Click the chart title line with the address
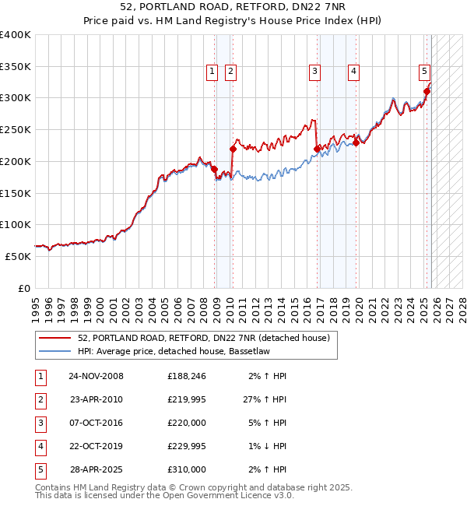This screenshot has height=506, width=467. coord(233,7)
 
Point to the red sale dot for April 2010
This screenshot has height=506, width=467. coord(233,148)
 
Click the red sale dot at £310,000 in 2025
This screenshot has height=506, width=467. coord(427,91)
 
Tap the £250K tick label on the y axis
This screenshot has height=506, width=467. coord(16,129)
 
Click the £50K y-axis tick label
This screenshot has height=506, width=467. coord(19,255)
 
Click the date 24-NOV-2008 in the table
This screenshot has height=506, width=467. coord(96,376)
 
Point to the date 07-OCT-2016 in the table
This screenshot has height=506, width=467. coord(96,423)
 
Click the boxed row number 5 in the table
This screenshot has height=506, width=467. coord(38,469)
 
